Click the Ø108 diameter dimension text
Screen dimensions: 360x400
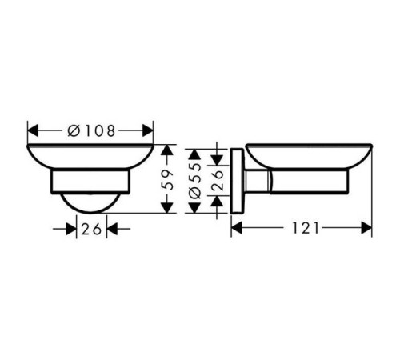[91, 130]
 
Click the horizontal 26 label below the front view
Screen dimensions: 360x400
[91, 229]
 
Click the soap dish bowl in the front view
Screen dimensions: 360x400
[91, 157]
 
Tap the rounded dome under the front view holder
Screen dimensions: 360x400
[91, 202]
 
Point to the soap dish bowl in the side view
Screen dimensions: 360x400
[308, 156]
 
